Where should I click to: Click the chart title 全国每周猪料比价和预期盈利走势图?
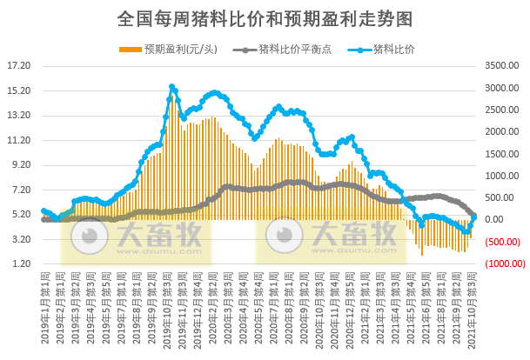pyautogui.click(x=264, y=18)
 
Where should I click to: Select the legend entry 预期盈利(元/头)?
pyautogui.click(x=174, y=49)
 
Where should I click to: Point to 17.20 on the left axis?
pyautogui.click(x=18, y=65)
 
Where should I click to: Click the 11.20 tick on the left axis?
pyautogui.click(x=18, y=140)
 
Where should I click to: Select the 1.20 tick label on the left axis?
pyautogui.click(x=20, y=263)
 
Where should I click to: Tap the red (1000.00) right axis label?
pyautogui.click(x=502, y=263)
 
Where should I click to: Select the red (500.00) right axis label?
pyautogui.click(x=504, y=242)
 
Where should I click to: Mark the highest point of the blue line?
pyautogui.click(x=171, y=87)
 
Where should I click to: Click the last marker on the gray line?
pyautogui.click(x=474, y=214)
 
